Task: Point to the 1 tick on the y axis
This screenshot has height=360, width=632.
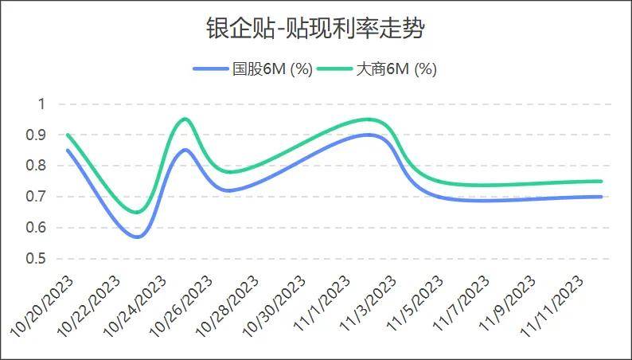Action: (42, 104)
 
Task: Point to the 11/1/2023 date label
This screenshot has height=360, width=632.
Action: (323, 302)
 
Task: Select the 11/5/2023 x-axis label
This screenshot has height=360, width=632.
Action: (415, 302)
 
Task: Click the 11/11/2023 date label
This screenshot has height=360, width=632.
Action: (552, 303)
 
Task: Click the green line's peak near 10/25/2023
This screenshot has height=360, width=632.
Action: (185, 119)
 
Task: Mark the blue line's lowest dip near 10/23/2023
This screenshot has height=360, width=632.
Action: (138, 237)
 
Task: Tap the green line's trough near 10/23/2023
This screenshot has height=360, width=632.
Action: (137, 212)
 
